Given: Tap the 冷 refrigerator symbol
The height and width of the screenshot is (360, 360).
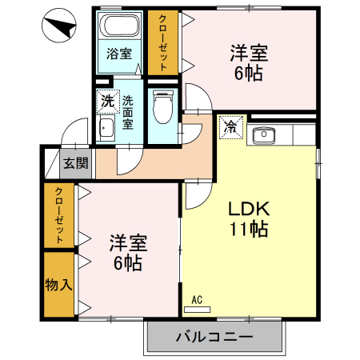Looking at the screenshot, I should pos(230,126).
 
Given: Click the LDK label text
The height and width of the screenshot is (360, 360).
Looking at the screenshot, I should pos(249,210).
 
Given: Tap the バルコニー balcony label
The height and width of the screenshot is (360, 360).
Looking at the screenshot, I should pos(214,337).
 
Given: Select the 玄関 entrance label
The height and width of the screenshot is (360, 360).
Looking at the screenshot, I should pos(76,164).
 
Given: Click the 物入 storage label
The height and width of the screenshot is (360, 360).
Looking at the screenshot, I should pos(57,285).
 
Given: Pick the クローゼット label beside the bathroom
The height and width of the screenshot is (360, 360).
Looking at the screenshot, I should pos(162,42).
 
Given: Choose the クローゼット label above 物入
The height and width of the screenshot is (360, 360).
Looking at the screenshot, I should pos(59,215).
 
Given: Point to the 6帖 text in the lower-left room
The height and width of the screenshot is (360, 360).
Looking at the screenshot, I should pos(127,262).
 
